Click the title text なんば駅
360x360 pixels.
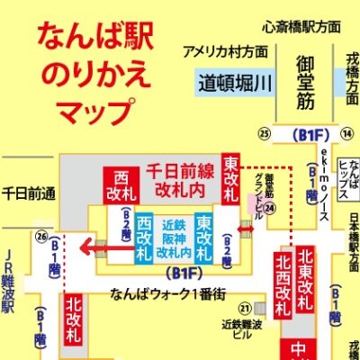(x=94, y=37)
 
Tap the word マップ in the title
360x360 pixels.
(x=94, y=112)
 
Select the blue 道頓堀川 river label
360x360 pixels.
(x=231, y=84)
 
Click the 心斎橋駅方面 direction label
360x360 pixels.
(x=301, y=28)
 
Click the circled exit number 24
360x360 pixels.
(x=268, y=206)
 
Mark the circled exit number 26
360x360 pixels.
(x=40, y=237)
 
